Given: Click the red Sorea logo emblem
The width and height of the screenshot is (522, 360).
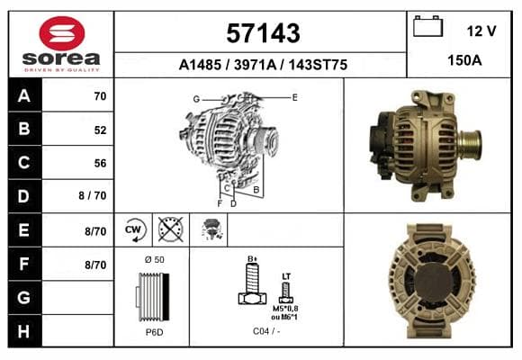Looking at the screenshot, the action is pyautogui.click(x=62, y=33).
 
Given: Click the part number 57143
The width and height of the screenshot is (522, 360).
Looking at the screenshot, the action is pyautogui.click(x=263, y=33).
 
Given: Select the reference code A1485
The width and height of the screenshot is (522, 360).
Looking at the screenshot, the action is pyautogui.click(x=200, y=65).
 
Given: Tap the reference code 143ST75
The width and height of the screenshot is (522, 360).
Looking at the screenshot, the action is pyautogui.click(x=318, y=65).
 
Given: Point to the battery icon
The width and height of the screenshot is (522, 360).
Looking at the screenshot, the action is pyautogui.click(x=427, y=26).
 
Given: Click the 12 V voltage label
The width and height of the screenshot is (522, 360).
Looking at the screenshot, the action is pyautogui.click(x=481, y=31).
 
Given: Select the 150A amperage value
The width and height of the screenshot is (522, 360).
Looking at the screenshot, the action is pyautogui.click(x=464, y=60).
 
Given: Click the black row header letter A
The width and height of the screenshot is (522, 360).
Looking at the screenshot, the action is pyautogui.click(x=24, y=96).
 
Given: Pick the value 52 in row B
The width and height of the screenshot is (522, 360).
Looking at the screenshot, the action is pyautogui.click(x=100, y=130).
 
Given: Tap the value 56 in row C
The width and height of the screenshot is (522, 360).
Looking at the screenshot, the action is pyautogui.click(x=100, y=163).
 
